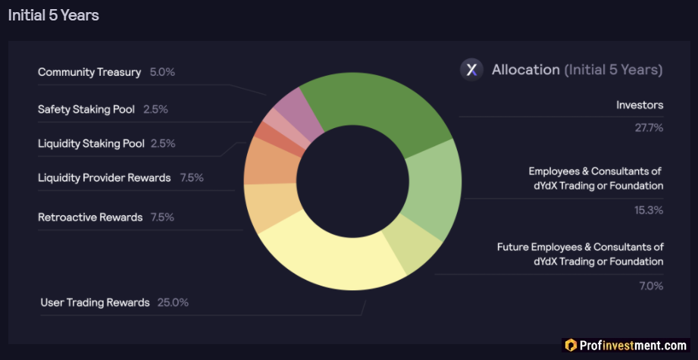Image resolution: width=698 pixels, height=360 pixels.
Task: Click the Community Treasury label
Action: pos(89,72)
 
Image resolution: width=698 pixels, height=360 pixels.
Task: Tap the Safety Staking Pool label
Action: pos(86,109)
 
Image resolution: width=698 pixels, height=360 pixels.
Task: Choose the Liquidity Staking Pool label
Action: pos(91,143)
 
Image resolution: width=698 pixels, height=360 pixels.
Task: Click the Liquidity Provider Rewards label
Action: pos(105,178)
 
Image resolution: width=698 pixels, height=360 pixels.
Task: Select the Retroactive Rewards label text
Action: pos(90,218)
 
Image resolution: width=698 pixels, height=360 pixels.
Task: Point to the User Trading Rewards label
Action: pos(95,302)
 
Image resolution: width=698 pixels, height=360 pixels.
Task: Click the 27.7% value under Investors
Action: pos(649,127)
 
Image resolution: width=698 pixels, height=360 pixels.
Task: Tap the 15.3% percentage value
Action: pos(649,209)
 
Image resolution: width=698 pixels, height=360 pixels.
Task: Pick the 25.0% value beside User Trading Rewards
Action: pos(173,302)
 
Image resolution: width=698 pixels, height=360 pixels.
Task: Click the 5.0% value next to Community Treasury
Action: pos(162,72)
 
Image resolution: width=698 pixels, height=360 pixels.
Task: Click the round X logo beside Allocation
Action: pos(472,70)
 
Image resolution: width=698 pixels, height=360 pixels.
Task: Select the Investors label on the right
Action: pos(640,105)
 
